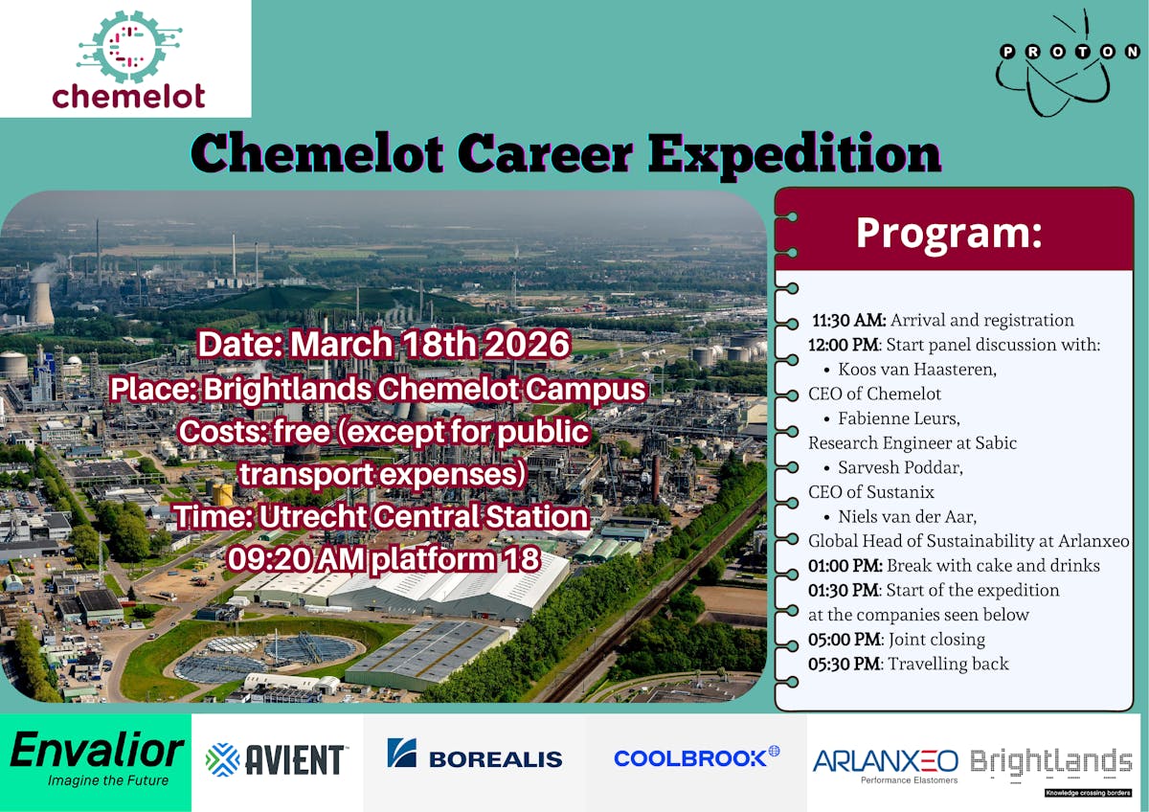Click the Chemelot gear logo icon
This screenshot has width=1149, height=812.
point(128,47)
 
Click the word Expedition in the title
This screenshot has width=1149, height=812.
point(794,154)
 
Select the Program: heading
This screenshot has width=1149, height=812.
point(949,233)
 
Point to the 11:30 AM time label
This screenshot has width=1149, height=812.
point(849,320)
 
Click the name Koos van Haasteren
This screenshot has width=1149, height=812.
point(917,370)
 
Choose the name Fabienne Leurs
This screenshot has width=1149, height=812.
point(899,418)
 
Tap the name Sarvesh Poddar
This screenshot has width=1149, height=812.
point(900,467)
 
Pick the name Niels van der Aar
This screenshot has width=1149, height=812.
point(907,516)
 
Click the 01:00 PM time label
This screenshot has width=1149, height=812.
point(845,565)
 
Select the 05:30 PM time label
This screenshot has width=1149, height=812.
point(845,664)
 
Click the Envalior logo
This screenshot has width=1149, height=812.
point(96,758)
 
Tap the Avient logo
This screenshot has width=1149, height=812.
point(276,759)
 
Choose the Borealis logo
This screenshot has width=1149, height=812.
point(475,754)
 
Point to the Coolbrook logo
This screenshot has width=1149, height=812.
point(697,757)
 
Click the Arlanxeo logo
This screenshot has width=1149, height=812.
point(886,765)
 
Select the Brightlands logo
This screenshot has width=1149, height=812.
point(1051,770)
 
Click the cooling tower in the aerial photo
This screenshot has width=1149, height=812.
point(41,304)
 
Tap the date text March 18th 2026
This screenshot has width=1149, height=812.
point(430,344)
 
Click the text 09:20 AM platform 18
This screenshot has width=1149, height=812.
point(384,558)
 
